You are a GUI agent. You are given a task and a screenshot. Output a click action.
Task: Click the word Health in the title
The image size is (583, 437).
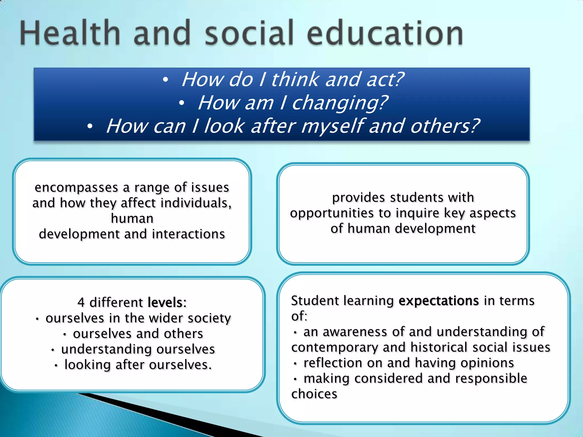(x=70, y=33)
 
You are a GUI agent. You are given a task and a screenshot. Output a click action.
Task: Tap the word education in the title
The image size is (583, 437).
(x=385, y=33)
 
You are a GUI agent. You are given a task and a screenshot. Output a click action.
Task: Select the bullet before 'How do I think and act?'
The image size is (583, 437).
(x=165, y=80)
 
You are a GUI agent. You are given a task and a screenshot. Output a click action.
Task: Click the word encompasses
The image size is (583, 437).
(x=76, y=187)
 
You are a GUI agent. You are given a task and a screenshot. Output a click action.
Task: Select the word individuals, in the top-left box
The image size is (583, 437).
(x=196, y=203)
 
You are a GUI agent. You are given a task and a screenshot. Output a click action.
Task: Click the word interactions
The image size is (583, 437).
(x=188, y=234)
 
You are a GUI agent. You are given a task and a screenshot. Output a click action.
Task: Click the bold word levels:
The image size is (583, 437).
(x=167, y=302)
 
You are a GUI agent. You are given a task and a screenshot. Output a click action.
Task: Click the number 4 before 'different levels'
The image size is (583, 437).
(x=81, y=302)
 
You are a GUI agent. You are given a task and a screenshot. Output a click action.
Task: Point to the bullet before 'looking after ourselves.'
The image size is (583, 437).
(x=56, y=366)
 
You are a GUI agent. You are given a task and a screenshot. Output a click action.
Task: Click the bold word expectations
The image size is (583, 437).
(x=439, y=301)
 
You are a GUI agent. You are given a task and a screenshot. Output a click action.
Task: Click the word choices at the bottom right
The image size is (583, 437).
(x=314, y=394)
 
